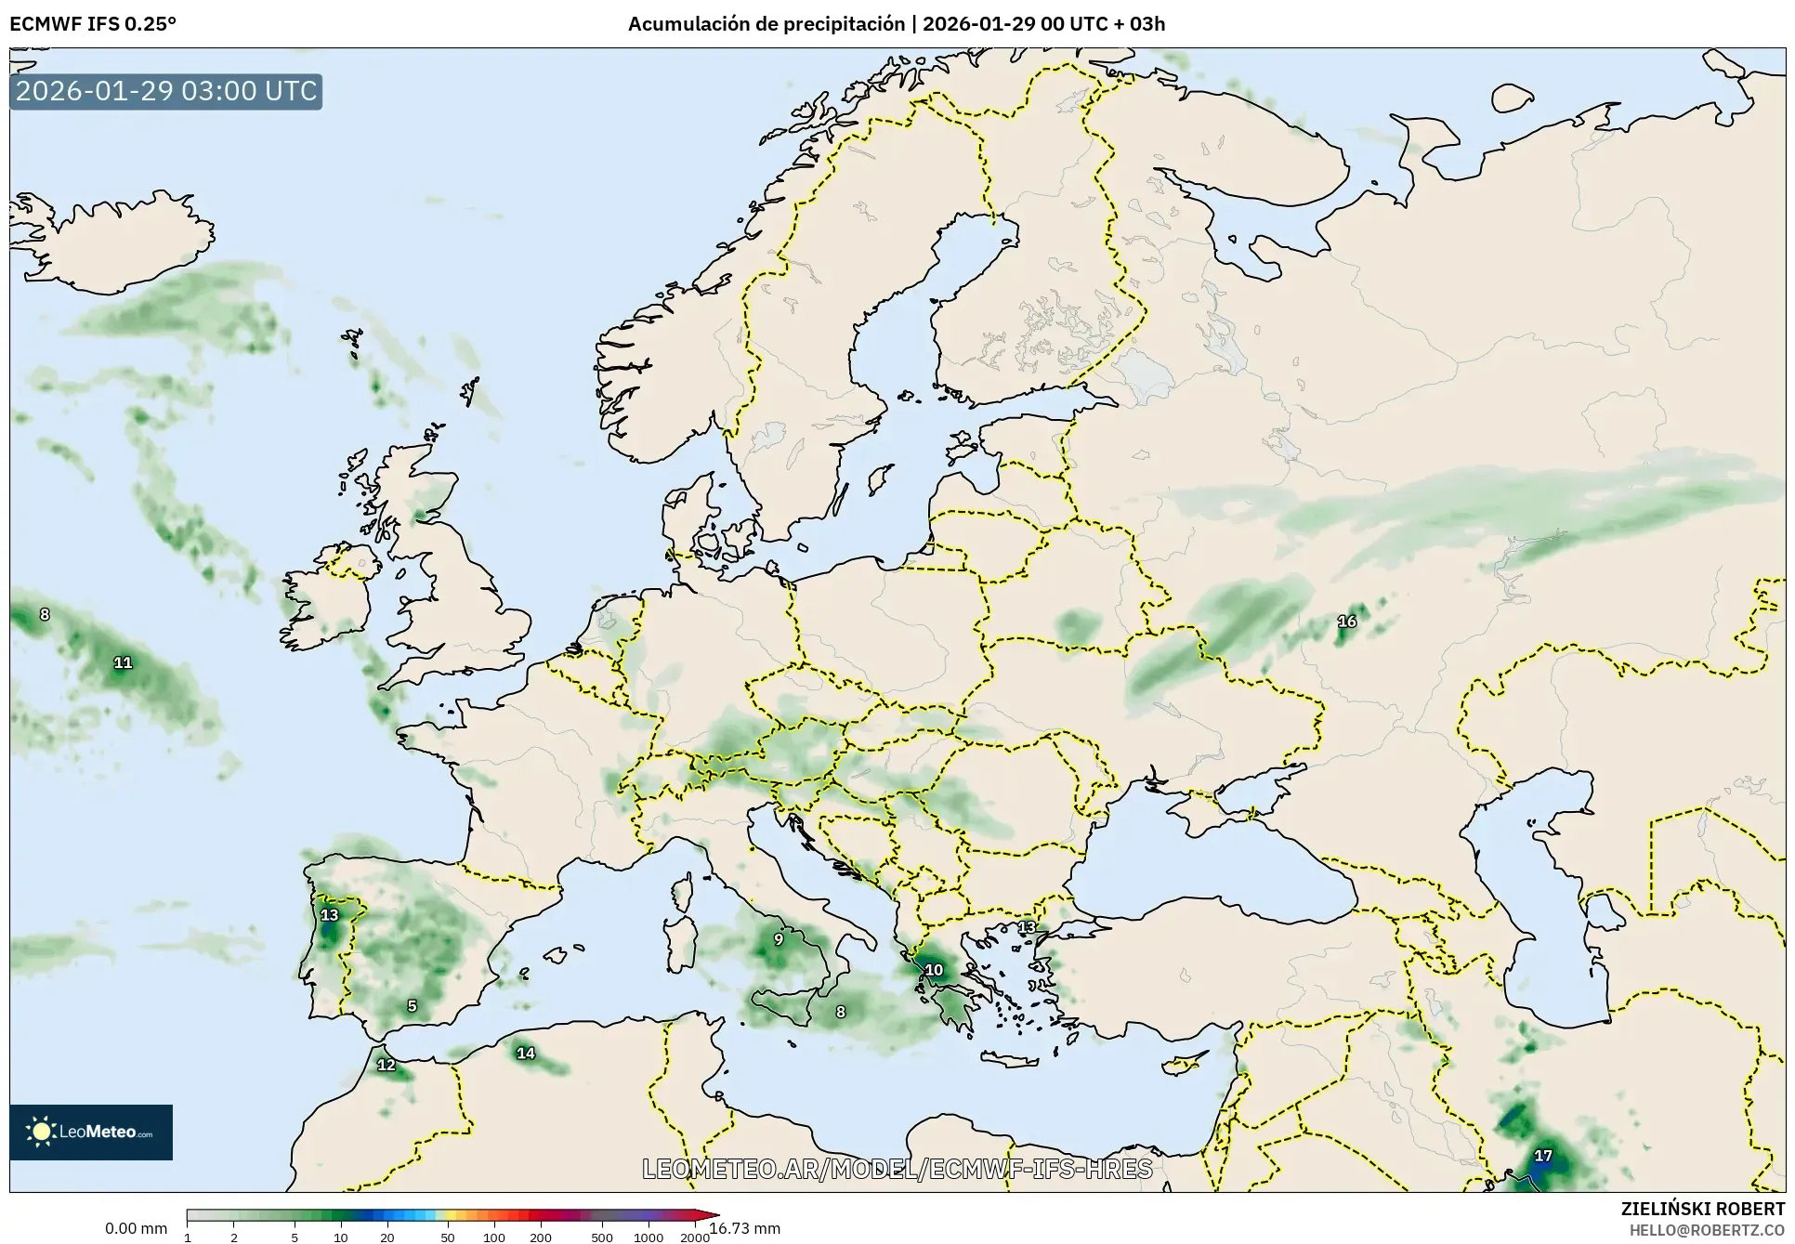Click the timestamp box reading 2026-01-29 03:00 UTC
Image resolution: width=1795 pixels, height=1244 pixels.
point(166,91)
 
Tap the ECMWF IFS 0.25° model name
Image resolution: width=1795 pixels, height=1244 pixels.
point(93,24)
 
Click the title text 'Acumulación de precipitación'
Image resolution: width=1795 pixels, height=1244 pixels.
point(766,24)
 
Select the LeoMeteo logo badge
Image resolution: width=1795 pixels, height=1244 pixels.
point(91,1132)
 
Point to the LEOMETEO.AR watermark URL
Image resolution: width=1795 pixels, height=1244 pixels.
point(897,1169)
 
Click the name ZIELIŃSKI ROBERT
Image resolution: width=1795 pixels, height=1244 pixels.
point(1702,1209)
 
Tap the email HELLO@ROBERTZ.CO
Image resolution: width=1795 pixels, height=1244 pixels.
point(1707,1230)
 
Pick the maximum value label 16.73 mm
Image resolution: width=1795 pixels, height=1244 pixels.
point(745,1228)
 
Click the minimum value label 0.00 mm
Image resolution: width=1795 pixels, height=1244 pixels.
point(136,1228)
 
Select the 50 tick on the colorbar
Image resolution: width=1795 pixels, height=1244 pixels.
point(448,1237)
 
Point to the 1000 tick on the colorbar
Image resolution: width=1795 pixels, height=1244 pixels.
point(649,1237)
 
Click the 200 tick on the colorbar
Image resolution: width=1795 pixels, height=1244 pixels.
point(541,1237)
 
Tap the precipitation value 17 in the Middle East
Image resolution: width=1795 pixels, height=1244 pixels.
point(1543,1156)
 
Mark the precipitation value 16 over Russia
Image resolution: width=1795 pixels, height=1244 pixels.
point(1346,622)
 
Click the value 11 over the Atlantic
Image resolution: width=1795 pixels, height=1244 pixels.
point(123,662)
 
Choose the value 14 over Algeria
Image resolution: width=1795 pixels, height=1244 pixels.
point(526,1053)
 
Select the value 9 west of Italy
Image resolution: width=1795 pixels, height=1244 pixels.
point(779,939)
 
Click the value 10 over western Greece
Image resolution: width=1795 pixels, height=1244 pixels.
point(934,970)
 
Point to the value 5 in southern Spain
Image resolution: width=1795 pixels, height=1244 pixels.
point(413,1005)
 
